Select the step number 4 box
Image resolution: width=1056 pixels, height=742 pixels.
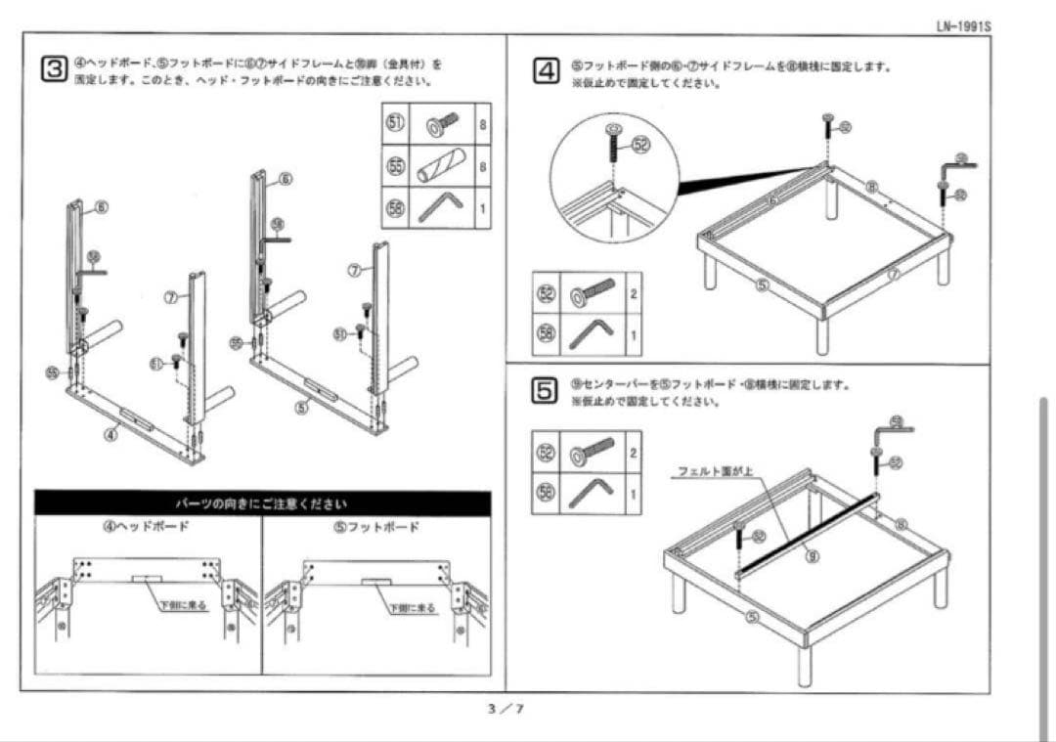click(x=546, y=71)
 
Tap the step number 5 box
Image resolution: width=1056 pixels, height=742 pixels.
click(x=545, y=389)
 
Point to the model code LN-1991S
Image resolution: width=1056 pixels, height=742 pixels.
click(x=963, y=26)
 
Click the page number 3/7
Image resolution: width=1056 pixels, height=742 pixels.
click(x=506, y=709)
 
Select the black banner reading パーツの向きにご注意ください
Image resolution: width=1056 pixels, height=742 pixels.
click(x=262, y=503)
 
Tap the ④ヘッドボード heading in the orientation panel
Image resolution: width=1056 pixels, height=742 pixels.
click(x=147, y=527)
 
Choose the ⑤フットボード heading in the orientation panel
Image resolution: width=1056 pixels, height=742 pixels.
click(x=376, y=527)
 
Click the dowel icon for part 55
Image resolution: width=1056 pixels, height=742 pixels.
click(x=436, y=166)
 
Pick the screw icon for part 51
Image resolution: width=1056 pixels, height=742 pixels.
click(x=442, y=124)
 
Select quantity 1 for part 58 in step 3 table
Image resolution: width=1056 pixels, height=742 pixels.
click(x=482, y=207)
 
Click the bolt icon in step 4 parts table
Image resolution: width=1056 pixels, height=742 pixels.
click(x=593, y=292)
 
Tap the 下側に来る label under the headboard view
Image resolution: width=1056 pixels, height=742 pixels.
click(x=183, y=606)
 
